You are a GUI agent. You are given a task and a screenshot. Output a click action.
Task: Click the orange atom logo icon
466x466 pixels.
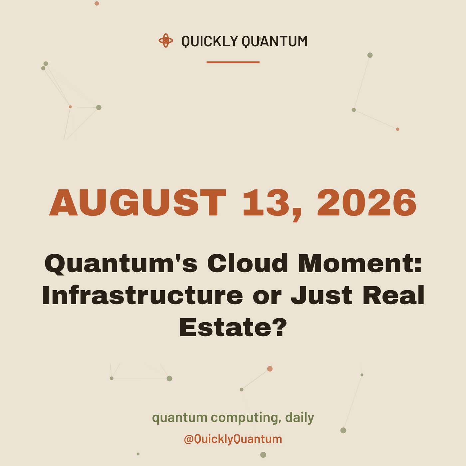tap(166, 41)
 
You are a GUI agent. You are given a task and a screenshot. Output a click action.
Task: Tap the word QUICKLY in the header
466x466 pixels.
tap(209, 41)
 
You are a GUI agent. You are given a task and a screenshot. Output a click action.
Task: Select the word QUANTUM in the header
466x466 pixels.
tap(275, 41)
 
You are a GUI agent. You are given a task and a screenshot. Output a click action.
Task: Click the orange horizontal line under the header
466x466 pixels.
tap(233, 62)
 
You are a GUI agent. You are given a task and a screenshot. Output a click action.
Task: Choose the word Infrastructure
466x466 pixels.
tap(142, 295)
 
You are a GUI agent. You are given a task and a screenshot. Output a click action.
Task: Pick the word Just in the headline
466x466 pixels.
tap(322, 295)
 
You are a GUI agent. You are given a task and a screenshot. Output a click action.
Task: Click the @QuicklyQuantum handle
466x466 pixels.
tap(233, 439)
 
